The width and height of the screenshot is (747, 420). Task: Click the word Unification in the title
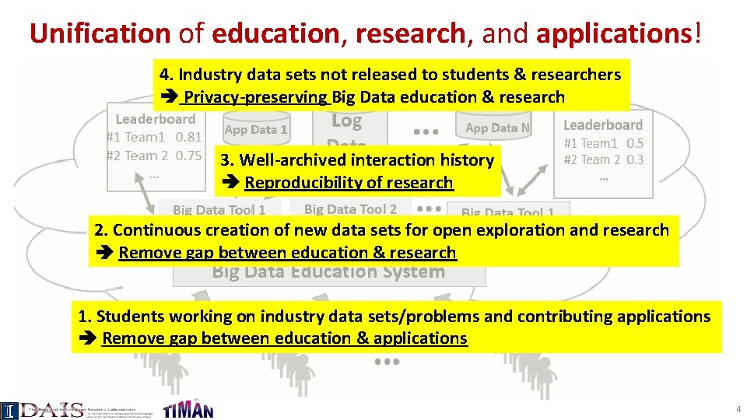[99, 33]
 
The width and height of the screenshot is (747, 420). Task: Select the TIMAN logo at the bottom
[188, 410]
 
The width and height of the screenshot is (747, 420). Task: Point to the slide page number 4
[738, 409]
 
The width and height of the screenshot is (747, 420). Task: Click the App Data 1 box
[256, 130]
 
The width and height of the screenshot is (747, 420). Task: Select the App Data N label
[497, 128]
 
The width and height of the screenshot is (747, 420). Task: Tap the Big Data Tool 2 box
[350, 208]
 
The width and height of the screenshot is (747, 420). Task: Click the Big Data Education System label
[328, 272]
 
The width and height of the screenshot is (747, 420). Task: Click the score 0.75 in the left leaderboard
[188, 155]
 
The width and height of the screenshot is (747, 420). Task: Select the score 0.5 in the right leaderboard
[635, 143]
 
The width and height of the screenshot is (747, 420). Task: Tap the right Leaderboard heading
[603, 124]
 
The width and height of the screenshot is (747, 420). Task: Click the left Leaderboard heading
[155, 119]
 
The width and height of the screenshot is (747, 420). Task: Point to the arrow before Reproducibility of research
[230, 184]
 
